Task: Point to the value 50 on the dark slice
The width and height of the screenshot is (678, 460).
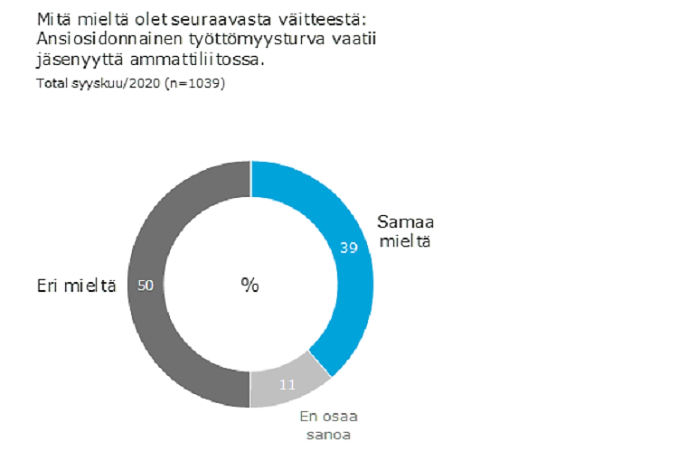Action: [x=145, y=285]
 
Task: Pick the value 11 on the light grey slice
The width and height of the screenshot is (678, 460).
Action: [x=288, y=384]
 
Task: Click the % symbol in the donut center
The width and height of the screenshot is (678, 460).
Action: [x=250, y=285]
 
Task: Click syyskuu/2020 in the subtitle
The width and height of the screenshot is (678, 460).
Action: [x=116, y=83]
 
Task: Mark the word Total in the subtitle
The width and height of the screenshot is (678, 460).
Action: [x=52, y=83]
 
